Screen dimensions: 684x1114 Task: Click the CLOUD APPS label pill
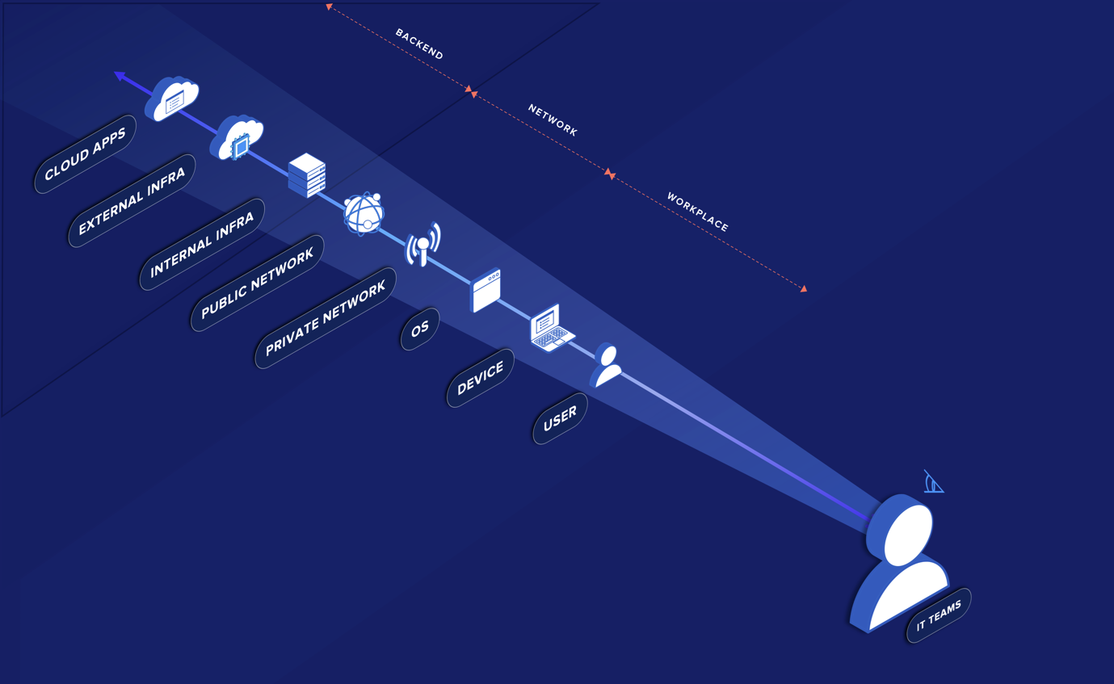click(x=86, y=153)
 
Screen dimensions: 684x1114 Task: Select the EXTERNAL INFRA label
click(x=132, y=200)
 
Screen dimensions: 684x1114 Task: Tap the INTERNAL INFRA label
click(x=202, y=244)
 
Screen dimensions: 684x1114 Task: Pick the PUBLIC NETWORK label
click(x=257, y=283)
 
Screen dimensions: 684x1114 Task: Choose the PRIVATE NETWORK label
click(x=326, y=318)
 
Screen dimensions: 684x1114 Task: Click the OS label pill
click(x=420, y=329)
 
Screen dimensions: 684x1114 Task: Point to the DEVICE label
click(x=481, y=378)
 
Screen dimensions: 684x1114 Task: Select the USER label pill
click(x=560, y=418)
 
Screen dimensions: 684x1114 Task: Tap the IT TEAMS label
click(x=939, y=615)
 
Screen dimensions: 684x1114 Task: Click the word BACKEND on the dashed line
click(x=419, y=44)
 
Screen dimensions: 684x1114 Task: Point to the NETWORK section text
click(x=553, y=120)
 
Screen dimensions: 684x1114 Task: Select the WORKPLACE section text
click(x=697, y=212)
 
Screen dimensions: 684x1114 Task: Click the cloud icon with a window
click(x=172, y=99)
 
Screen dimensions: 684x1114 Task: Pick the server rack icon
click(x=307, y=175)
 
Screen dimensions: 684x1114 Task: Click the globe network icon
click(x=364, y=213)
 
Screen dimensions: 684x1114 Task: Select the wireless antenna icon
click(x=423, y=245)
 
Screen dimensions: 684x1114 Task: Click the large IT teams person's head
click(x=903, y=531)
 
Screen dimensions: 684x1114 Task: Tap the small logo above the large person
click(x=934, y=482)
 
